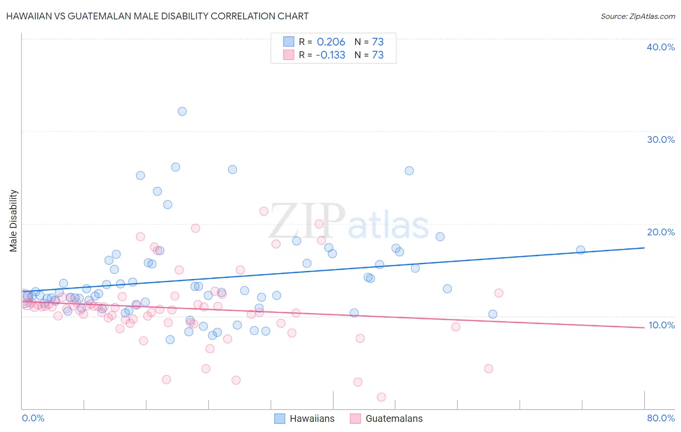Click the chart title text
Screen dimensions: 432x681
coord(157,16)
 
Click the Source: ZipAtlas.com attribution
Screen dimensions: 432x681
coord(637,16)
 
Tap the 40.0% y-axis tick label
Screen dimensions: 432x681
coord(661,47)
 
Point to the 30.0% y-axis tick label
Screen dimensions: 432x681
coord(661,139)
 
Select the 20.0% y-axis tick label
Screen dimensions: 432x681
coord(661,232)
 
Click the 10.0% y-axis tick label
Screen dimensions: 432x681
coord(661,325)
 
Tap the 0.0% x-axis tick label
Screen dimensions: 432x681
coord(33,418)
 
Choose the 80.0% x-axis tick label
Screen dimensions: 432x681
coord(661,418)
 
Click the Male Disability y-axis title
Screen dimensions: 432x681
coord(14,220)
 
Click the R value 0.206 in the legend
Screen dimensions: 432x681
coord(331,42)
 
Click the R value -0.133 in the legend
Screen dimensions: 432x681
coord(330,55)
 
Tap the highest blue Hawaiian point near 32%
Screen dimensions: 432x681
coord(182,111)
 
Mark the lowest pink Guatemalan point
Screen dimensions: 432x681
coord(381,397)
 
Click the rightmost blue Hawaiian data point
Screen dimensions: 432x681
coord(580,250)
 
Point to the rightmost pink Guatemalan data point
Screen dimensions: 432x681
coord(498,293)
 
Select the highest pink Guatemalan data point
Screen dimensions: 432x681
coord(264,211)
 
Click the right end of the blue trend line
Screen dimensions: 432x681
coord(644,247)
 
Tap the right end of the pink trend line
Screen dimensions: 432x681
coord(644,328)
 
